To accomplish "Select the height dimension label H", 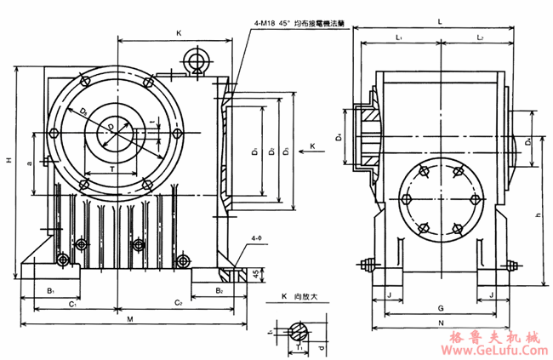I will point(7,159).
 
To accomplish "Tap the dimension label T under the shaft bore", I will point(113,170).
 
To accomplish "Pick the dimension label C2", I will point(179,303).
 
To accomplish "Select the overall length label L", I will point(438,18).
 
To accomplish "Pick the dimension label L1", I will point(399,39).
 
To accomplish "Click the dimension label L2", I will point(480,39).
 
